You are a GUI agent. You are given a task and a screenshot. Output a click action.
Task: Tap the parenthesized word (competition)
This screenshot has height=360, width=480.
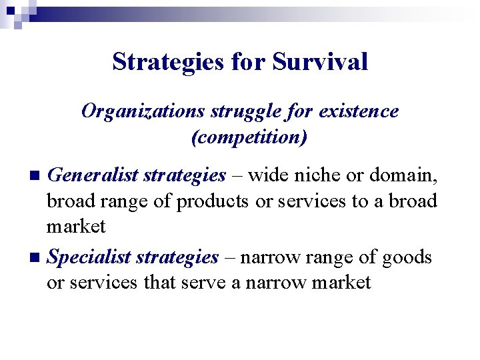click(x=249, y=138)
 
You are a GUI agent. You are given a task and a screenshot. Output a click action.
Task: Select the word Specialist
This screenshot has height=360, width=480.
click(x=90, y=257)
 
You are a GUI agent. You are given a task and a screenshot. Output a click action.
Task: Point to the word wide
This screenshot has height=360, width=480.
click(x=266, y=175)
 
